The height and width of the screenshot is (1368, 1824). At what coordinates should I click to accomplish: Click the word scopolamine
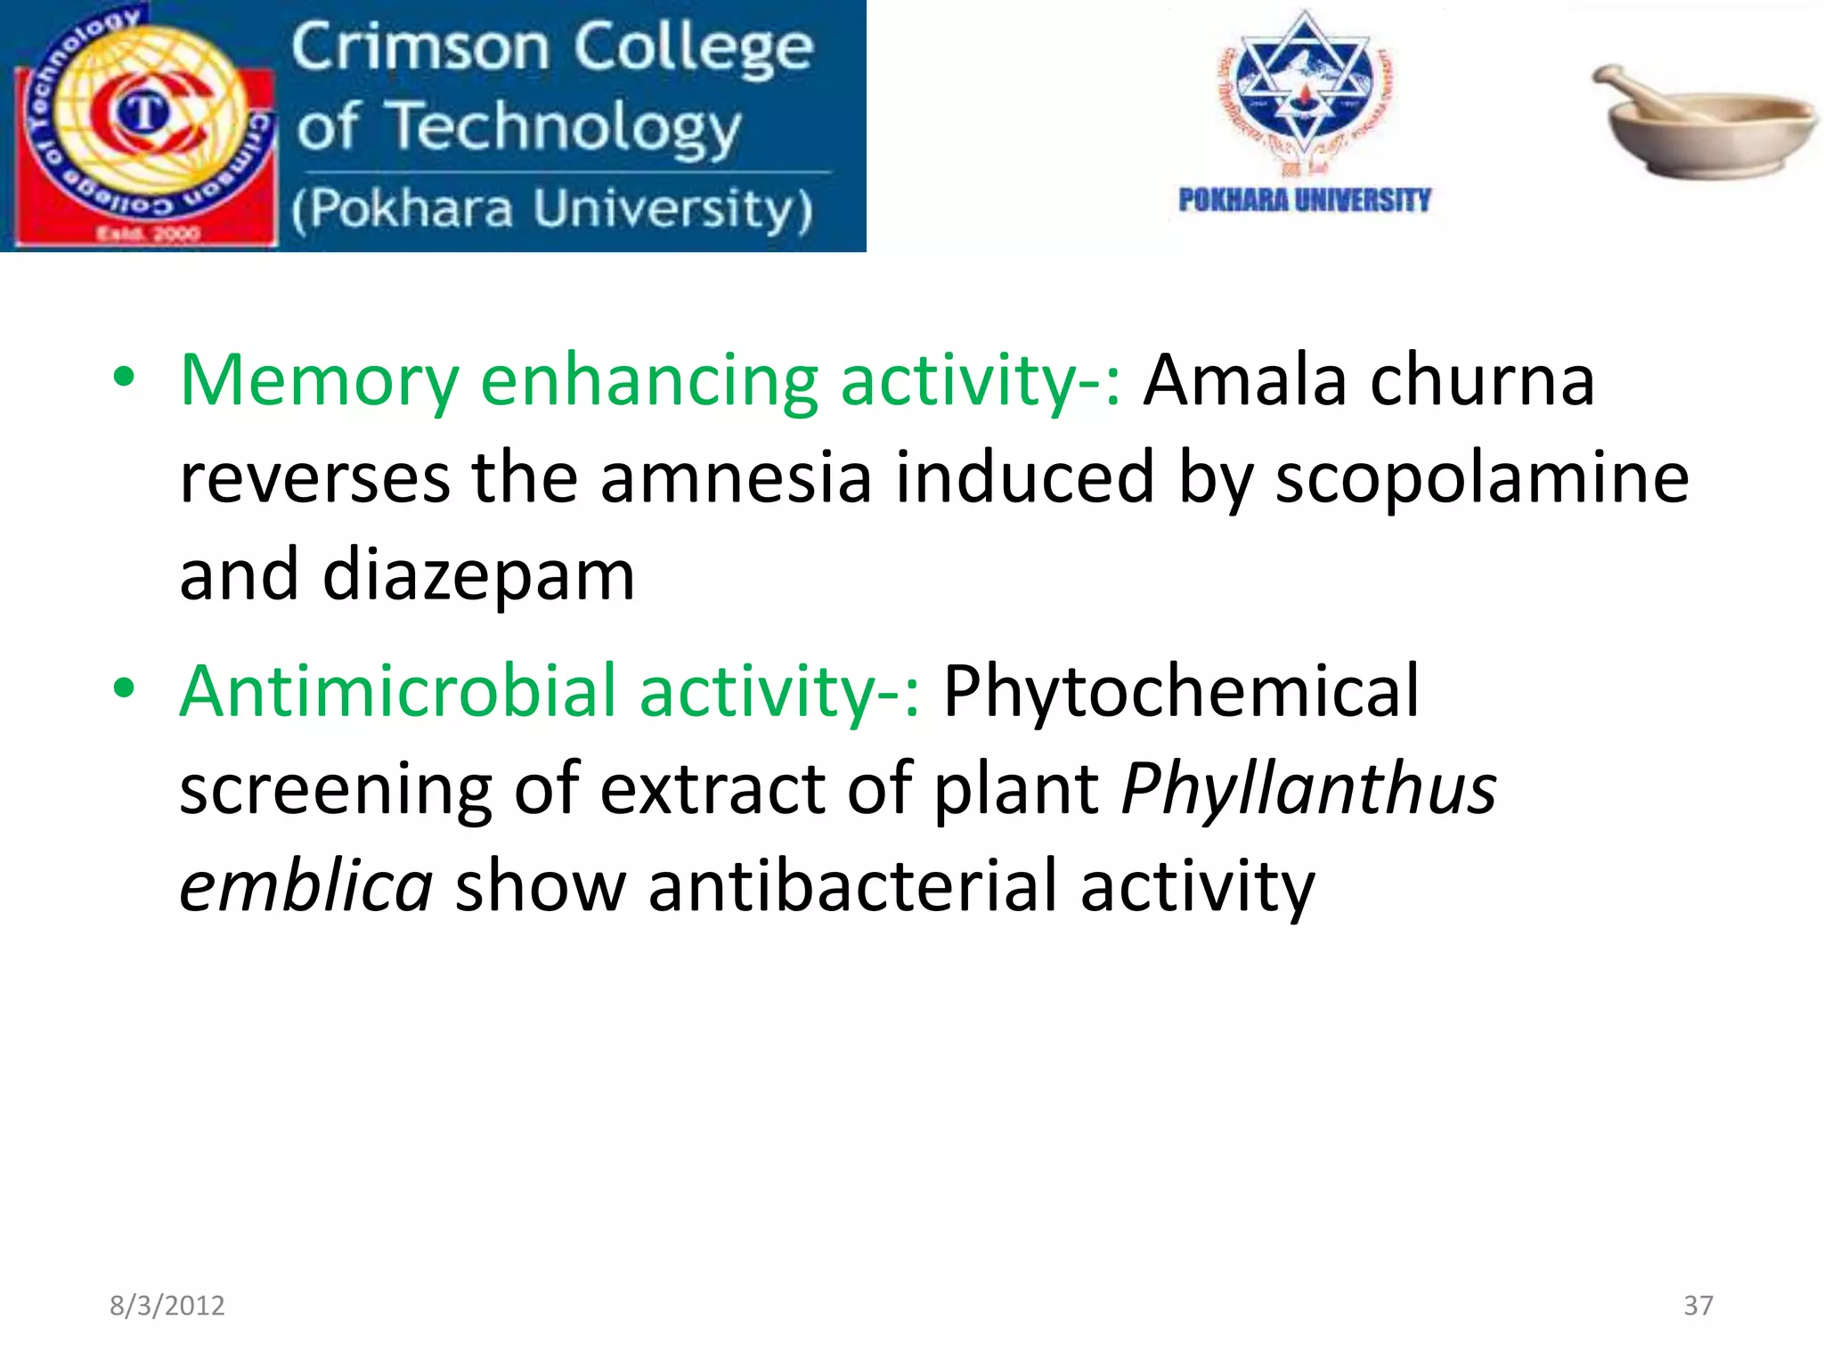point(1481,478)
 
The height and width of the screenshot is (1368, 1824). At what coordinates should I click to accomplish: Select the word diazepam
point(478,577)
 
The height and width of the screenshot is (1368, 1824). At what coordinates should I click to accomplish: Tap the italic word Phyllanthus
point(1308,789)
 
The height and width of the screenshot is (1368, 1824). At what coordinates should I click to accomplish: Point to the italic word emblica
point(306,886)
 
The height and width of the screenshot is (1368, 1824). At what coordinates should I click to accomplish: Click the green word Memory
point(319,381)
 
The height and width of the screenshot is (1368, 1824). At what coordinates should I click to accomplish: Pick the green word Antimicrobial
point(398,691)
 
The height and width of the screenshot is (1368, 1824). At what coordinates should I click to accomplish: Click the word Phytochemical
point(1180,691)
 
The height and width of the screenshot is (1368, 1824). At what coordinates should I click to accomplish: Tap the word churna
point(1482,381)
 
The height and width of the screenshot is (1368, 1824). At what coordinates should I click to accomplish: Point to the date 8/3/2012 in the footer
point(167,1306)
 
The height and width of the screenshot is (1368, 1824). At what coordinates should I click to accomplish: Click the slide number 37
point(1698,1306)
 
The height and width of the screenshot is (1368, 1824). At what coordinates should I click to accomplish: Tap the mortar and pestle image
point(1706,120)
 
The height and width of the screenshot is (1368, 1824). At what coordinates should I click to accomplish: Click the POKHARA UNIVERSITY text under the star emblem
point(1304,199)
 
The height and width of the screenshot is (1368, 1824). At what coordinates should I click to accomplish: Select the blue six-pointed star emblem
point(1305,85)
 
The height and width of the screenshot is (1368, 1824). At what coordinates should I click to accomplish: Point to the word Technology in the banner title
point(566,127)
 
